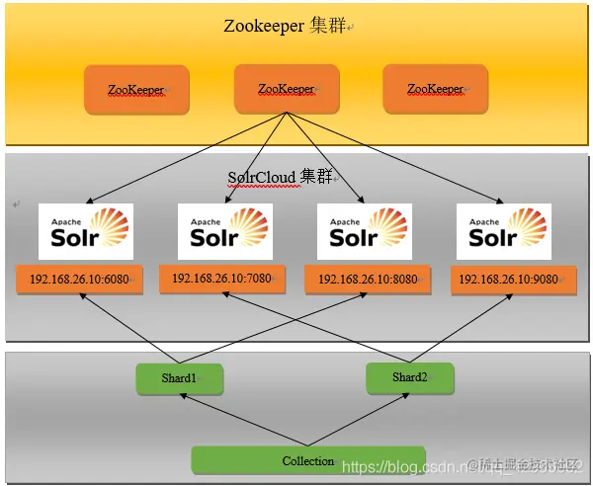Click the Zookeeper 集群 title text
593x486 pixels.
(x=287, y=26)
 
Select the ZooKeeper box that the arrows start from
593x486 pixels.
(x=286, y=89)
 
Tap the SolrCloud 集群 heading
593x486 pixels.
(x=283, y=177)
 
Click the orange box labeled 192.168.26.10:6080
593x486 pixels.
(x=79, y=280)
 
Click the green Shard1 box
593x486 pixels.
(x=179, y=378)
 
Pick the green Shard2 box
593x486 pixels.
(x=409, y=377)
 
